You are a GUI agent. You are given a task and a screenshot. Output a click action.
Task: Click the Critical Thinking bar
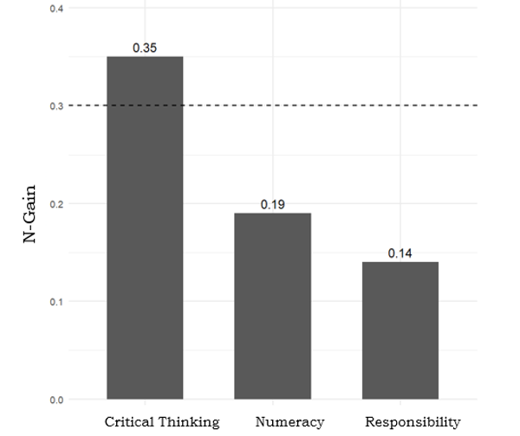(x=145, y=228)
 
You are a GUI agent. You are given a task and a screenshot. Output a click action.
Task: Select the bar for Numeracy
(x=272, y=306)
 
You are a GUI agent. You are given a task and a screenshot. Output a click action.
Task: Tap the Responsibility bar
(x=400, y=330)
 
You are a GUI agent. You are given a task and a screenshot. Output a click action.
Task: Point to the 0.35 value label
(x=145, y=48)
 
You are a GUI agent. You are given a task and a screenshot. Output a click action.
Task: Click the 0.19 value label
(x=272, y=204)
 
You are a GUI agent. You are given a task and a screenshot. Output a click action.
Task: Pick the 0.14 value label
(x=400, y=253)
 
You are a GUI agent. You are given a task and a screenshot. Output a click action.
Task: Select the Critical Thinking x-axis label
(x=162, y=422)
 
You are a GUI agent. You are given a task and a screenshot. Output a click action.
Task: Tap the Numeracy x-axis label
(x=289, y=422)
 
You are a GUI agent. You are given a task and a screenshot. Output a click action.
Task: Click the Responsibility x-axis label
(x=413, y=422)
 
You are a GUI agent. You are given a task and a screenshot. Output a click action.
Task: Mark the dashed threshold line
(x=347, y=106)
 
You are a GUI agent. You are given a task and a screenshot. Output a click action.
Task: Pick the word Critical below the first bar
(x=130, y=422)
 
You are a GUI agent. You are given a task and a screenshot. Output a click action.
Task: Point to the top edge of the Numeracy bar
(x=272, y=214)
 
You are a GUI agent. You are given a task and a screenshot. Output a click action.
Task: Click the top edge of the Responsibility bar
(x=400, y=263)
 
